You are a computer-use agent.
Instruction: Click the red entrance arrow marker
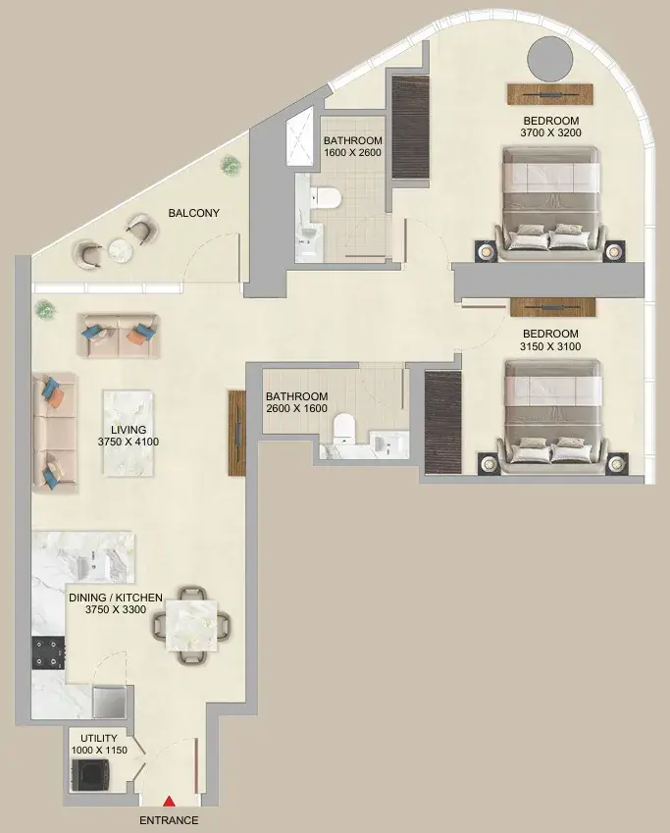point(168,804)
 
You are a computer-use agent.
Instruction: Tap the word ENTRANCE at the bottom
point(169,820)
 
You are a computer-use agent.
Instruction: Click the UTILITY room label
point(99,738)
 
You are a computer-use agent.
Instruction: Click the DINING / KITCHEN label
point(116,597)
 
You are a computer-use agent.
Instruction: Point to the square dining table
point(192,625)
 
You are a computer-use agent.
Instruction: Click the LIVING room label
point(129,430)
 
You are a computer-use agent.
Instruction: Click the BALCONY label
point(193,213)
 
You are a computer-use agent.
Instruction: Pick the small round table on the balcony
point(120,251)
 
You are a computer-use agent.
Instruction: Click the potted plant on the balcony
point(230,163)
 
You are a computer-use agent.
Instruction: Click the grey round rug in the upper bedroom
point(552,60)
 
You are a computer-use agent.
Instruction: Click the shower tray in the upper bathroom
point(299,141)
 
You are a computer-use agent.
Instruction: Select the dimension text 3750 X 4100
point(129,442)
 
